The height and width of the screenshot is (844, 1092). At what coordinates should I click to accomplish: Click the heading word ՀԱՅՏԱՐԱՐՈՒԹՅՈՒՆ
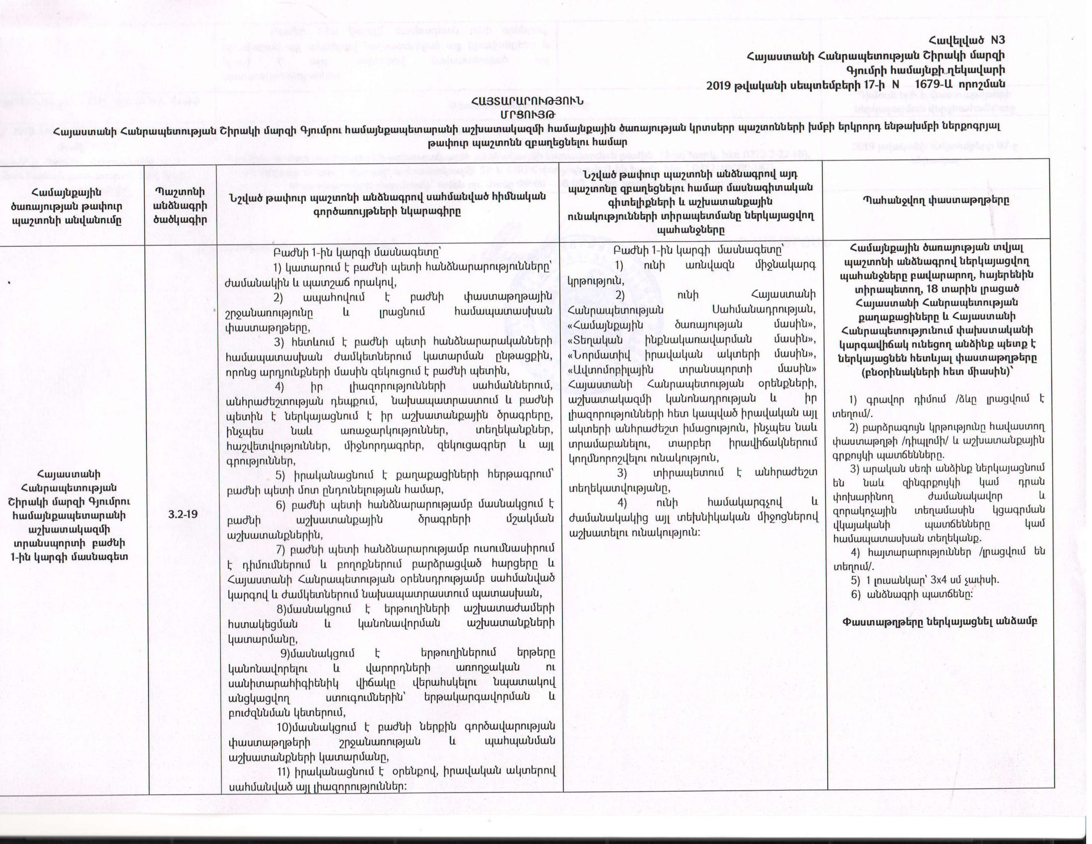pos(527,100)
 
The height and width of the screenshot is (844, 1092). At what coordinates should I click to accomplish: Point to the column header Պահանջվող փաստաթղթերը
pos(938,200)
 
